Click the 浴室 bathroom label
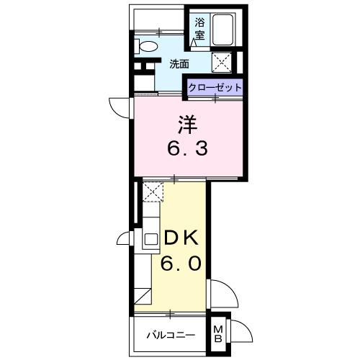tap(198, 27)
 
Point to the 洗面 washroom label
tap(179, 63)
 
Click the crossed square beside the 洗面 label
tap(221, 62)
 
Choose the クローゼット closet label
tap(215, 86)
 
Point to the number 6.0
tap(180, 264)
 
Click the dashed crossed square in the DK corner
tap(151, 191)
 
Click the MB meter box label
tap(218, 335)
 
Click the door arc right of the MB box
tap(242, 333)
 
